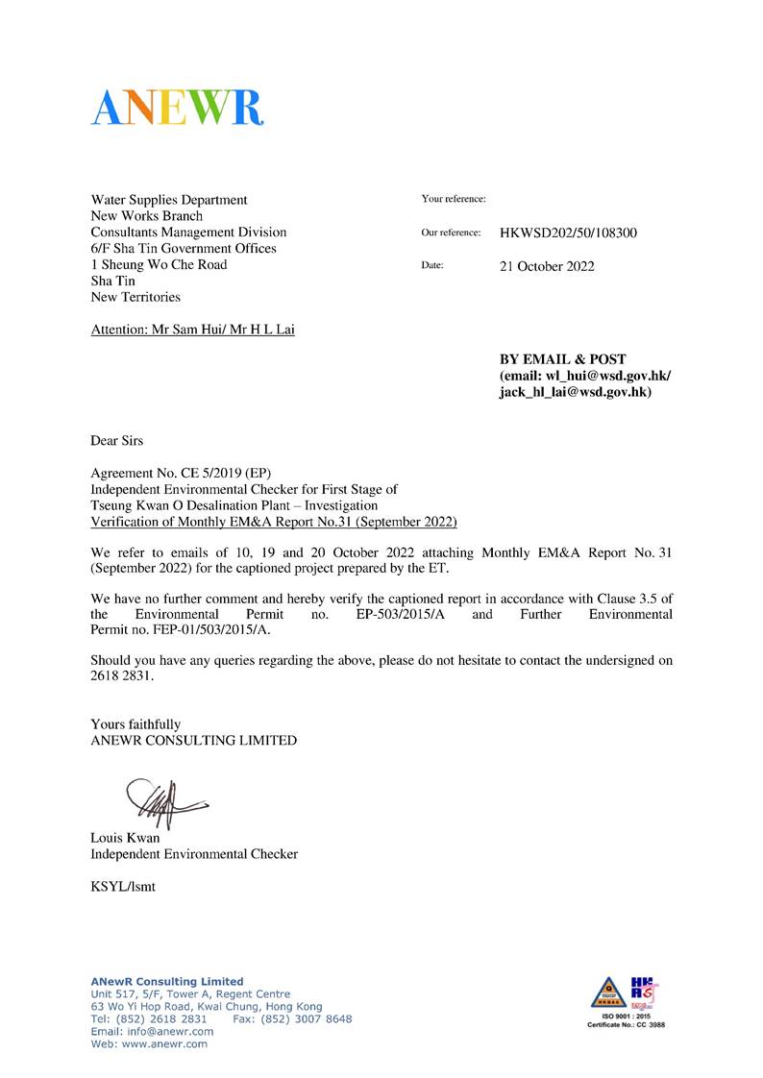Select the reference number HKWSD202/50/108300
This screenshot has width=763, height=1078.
pyautogui.click(x=568, y=233)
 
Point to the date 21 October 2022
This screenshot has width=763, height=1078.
pyautogui.click(x=547, y=266)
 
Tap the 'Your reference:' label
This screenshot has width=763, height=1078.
pyautogui.click(x=454, y=199)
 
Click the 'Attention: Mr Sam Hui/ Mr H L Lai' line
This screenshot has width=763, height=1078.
pyautogui.click(x=193, y=330)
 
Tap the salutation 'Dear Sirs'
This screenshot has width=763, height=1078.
pyautogui.click(x=116, y=441)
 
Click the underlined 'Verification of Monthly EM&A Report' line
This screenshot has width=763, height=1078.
pyautogui.click(x=274, y=523)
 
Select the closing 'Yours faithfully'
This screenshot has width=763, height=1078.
pyautogui.click(x=135, y=723)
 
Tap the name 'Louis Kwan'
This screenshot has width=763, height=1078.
pyautogui.click(x=125, y=837)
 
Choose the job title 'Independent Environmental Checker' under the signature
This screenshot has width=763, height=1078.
pyautogui.click(x=194, y=853)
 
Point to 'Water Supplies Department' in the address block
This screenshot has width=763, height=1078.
pyautogui.click(x=169, y=200)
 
